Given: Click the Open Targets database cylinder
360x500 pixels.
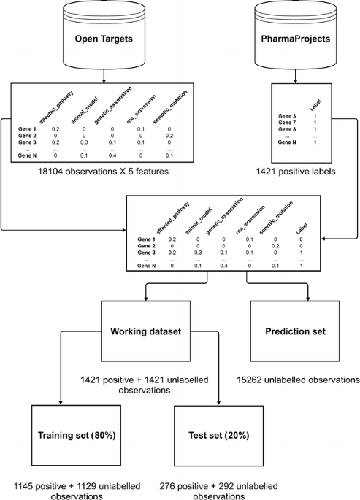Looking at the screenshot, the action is [x=104, y=34].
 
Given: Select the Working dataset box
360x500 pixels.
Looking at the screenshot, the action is [x=146, y=331].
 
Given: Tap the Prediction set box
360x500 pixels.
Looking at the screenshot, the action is [x=295, y=331].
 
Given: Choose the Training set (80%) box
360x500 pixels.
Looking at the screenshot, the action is [x=76, y=435].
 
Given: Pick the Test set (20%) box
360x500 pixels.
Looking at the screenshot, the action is [x=219, y=435].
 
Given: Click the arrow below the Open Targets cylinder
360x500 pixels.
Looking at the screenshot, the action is [x=104, y=77].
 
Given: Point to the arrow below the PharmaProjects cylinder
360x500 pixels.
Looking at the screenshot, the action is [x=295, y=77].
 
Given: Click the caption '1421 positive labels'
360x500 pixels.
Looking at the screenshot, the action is [x=296, y=172].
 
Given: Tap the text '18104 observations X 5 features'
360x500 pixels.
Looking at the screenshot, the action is [x=103, y=172].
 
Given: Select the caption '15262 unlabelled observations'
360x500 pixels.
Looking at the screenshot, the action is [x=298, y=380].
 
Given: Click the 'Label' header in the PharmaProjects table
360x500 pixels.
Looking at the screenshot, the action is [x=315, y=105].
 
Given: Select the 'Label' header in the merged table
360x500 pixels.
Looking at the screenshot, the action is [x=302, y=228].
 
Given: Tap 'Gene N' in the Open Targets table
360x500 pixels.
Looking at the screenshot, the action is [x=27, y=155].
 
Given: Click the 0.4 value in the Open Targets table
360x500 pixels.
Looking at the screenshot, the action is [x=112, y=155].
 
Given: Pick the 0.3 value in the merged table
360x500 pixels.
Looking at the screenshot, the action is [x=198, y=253].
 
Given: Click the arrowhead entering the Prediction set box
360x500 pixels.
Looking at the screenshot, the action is [x=308, y=299].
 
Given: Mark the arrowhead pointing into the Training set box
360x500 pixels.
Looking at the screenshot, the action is [x=61, y=403].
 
